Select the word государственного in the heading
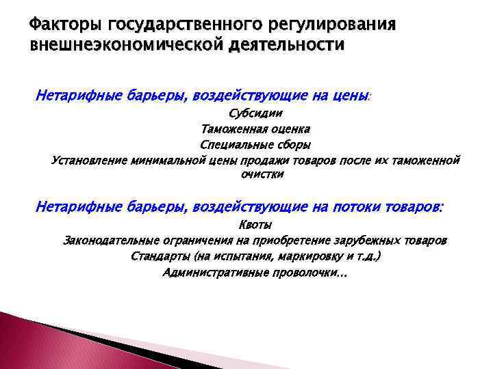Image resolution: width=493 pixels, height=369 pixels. click(x=157, y=25)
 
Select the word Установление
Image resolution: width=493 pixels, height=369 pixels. click(x=89, y=160)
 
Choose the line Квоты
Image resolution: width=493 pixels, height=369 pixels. click(x=255, y=225)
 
